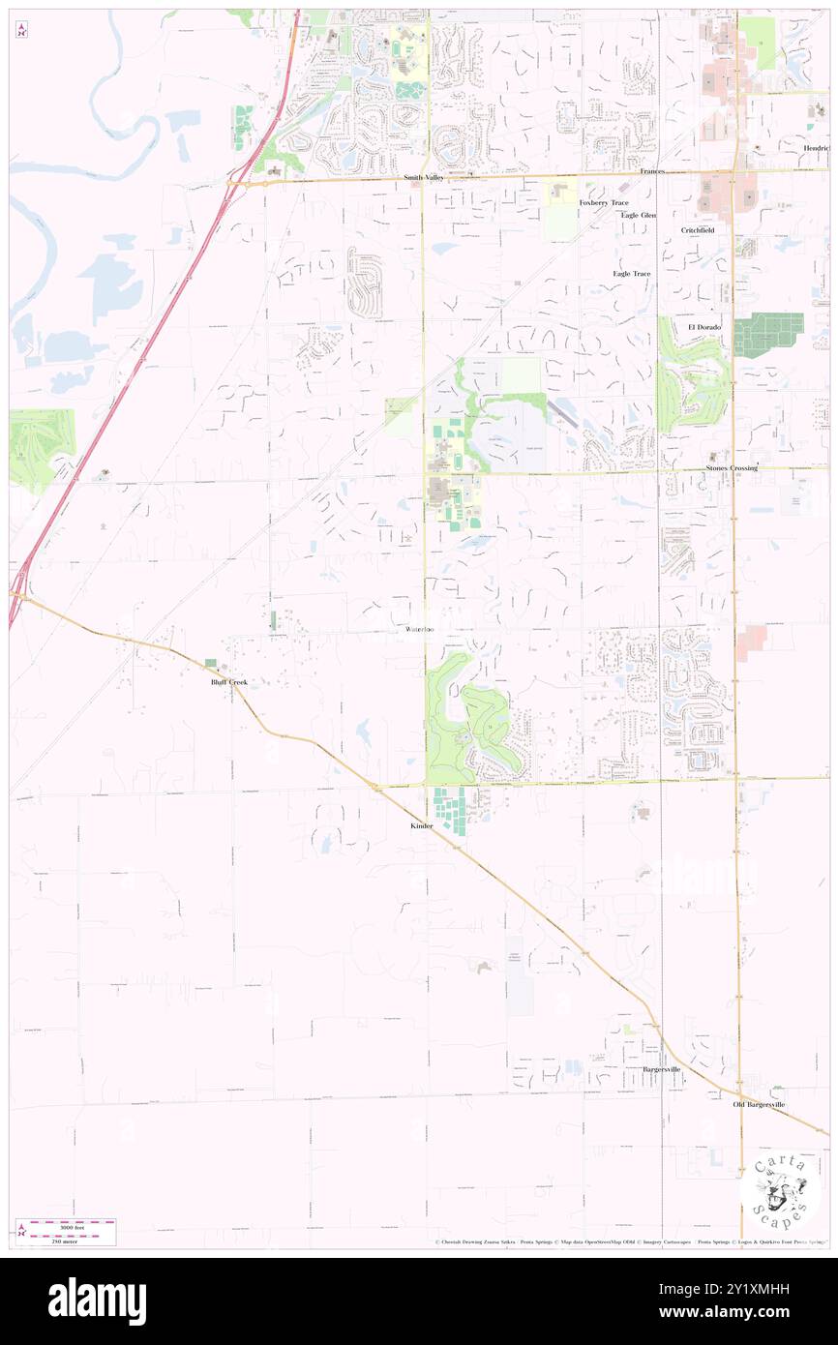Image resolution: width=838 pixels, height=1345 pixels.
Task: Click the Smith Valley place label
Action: (426, 178)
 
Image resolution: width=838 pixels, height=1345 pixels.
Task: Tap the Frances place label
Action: (652, 171)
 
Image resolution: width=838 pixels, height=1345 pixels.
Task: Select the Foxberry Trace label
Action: (604, 202)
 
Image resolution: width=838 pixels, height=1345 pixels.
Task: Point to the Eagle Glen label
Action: (639, 215)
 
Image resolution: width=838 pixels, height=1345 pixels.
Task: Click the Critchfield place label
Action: (698, 230)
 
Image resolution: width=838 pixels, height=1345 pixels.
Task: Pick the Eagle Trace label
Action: (631, 274)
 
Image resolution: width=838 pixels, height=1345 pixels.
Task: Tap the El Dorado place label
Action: (705, 327)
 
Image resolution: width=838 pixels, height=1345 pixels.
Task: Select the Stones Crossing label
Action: (732, 468)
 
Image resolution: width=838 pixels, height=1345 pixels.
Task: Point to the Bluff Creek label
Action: (229, 682)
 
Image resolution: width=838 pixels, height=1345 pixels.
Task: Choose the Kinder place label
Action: (421, 826)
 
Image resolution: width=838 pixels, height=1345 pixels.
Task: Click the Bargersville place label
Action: (662, 1069)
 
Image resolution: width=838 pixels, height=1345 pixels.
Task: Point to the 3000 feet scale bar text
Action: (75, 1220)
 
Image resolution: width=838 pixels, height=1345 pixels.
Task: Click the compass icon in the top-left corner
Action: (21, 29)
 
